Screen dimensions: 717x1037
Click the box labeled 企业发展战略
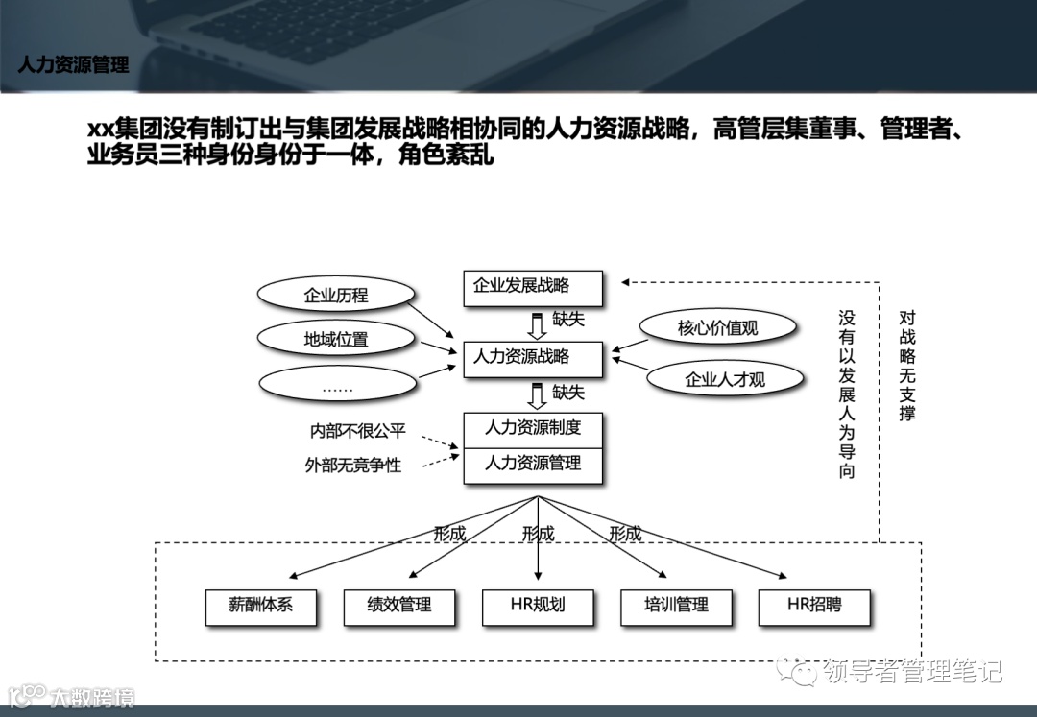tap(532, 287)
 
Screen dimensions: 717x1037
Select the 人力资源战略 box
tap(532, 358)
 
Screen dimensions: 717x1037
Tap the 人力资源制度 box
tap(533, 429)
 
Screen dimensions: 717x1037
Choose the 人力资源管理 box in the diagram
tap(533, 465)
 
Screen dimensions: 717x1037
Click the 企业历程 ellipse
tap(336, 296)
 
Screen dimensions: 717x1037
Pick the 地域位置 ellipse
tap(336, 340)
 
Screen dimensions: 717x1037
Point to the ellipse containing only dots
tap(337, 385)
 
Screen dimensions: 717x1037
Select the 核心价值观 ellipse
tap(717, 328)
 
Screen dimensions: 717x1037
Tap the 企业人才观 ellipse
tap(725, 379)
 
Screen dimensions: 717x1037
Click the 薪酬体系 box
tap(261, 607)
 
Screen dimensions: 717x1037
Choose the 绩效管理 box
tap(398, 607)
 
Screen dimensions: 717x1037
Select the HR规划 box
tap(538, 607)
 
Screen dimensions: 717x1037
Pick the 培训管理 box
tap(676, 607)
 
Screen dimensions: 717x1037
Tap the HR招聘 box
tap(814, 607)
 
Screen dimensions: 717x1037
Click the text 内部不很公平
tap(357, 432)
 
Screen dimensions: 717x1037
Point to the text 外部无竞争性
tap(353, 466)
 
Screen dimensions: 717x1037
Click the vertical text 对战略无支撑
tap(907, 365)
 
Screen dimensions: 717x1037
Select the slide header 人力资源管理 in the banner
tap(73, 65)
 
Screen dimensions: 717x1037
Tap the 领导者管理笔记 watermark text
tap(912, 671)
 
